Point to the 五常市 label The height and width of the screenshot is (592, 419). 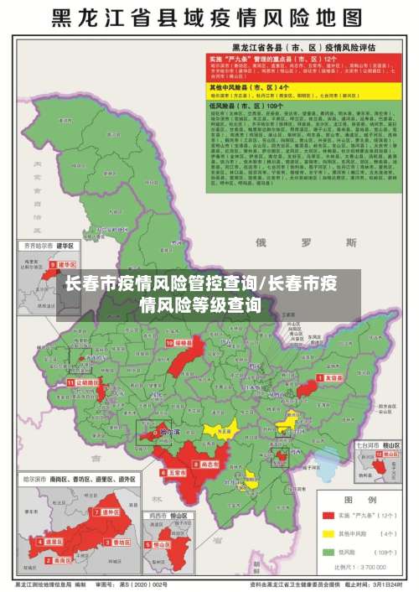pos(176,473)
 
